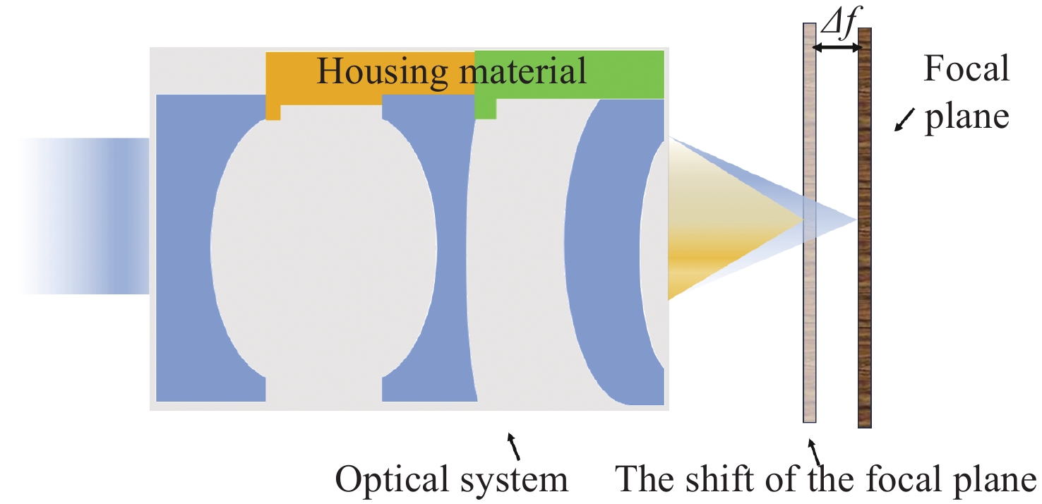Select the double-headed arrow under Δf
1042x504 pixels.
[x=837, y=48]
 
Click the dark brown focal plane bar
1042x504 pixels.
[x=865, y=226]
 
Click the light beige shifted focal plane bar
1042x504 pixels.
[x=810, y=226]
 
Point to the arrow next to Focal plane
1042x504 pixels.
[x=902, y=123]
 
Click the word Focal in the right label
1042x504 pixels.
[x=966, y=71]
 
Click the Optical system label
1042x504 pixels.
[x=452, y=480]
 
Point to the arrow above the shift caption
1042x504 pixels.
[x=815, y=450]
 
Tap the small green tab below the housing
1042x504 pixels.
[x=485, y=109]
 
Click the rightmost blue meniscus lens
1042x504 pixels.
[x=600, y=247]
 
